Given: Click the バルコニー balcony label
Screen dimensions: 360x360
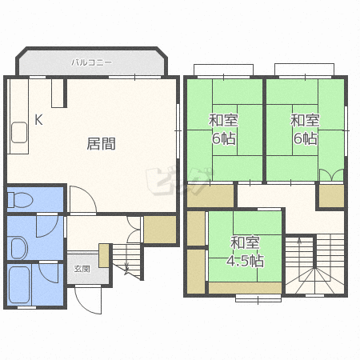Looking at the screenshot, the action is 91,62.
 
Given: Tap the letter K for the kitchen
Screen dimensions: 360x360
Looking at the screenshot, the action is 38,120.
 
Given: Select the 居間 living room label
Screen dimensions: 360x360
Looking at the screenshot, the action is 102,144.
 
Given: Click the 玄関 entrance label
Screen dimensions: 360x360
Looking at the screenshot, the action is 82,269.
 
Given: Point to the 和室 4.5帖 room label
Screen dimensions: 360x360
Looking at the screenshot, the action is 245,251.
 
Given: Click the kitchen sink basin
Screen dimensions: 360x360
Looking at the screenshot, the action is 19,132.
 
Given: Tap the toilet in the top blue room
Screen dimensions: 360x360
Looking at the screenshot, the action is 20,200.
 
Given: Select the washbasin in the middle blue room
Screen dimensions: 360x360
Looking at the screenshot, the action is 19,248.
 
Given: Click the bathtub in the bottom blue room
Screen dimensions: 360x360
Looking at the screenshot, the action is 19,285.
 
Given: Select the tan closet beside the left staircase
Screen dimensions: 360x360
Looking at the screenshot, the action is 160,230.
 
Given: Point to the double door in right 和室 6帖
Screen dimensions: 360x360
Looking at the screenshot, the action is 331,175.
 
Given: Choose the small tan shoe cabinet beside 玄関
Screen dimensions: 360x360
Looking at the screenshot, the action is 104,255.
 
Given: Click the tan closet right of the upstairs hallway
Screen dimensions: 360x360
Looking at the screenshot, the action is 331,196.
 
